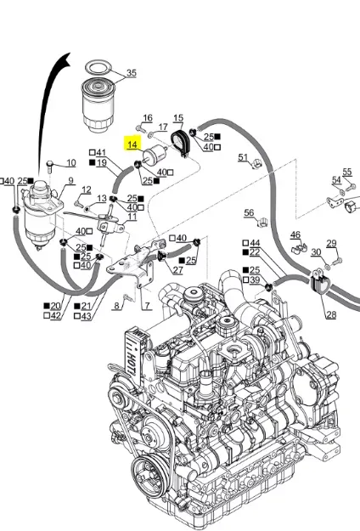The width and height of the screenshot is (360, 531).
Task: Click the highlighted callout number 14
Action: (x=132, y=144)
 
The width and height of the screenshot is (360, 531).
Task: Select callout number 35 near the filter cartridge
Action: (x=132, y=73)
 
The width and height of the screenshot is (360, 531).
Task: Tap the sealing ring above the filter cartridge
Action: (x=98, y=67)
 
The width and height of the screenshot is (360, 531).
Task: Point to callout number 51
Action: (x=243, y=157)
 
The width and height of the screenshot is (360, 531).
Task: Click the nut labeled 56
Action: (x=262, y=222)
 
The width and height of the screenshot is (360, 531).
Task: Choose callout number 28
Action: (x=330, y=314)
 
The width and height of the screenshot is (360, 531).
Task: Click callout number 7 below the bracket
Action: (x=148, y=306)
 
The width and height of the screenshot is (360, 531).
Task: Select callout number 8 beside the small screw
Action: (x=116, y=306)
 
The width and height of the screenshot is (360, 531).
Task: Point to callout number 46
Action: (x=295, y=234)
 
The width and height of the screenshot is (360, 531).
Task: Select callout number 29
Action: (x=332, y=243)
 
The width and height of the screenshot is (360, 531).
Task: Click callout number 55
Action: (x=347, y=172)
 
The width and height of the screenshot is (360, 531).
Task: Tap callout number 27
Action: (x=178, y=270)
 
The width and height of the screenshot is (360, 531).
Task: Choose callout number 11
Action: (x=132, y=217)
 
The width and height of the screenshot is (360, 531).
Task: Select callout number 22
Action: (x=254, y=252)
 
